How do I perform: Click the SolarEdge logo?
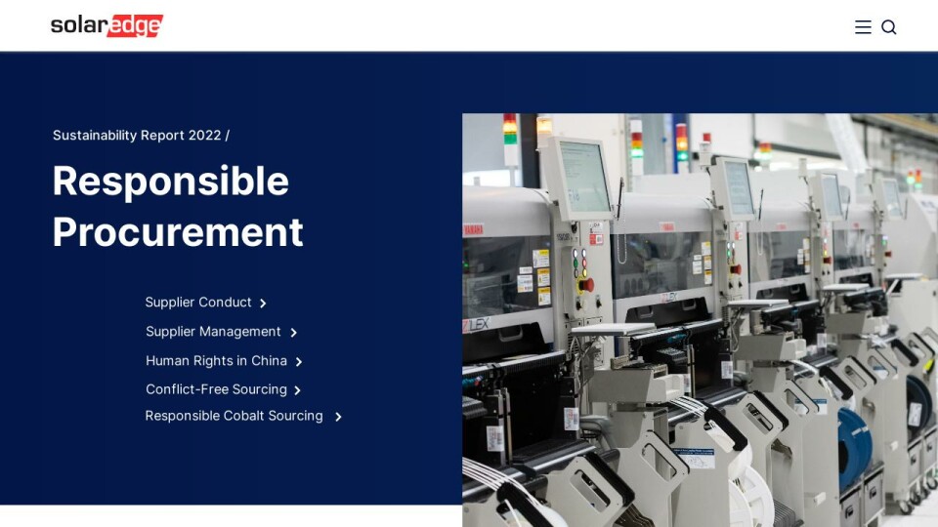click(x=107, y=26)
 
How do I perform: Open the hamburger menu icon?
click(x=863, y=27)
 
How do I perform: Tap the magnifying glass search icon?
click(x=889, y=27)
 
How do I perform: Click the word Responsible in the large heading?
click(x=171, y=181)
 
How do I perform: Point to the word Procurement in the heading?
click(x=178, y=232)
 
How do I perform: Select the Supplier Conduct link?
click(x=198, y=303)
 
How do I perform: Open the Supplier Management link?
click(x=213, y=332)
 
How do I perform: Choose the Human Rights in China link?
click(x=216, y=361)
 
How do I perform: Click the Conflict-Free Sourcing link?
click(x=216, y=389)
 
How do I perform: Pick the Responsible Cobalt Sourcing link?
click(x=234, y=416)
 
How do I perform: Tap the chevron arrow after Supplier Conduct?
click(x=263, y=304)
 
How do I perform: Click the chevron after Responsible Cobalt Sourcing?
click(x=338, y=417)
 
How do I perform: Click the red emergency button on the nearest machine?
click(x=586, y=284)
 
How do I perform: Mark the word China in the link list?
click(x=269, y=361)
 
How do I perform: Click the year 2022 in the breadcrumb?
click(x=205, y=136)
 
